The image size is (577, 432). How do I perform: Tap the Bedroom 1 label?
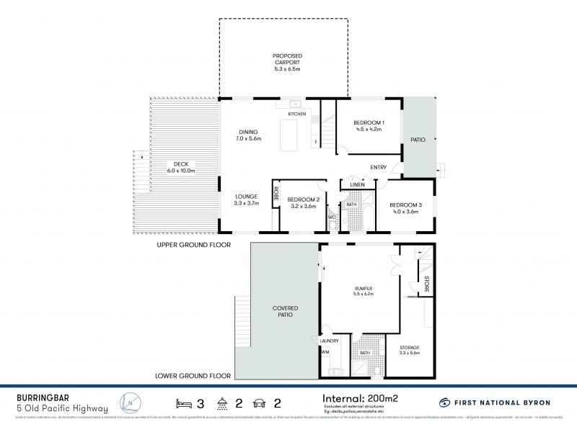point(369,127)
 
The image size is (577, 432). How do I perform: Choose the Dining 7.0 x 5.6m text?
point(249,135)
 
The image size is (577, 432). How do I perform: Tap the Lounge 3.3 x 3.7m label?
point(247,200)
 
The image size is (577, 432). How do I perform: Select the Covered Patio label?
point(285,312)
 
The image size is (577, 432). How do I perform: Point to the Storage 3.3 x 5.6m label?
point(410,351)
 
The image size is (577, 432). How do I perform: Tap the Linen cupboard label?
point(356,185)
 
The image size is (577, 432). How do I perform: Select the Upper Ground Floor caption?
point(194,245)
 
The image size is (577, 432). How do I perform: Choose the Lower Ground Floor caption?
point(193,375)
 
